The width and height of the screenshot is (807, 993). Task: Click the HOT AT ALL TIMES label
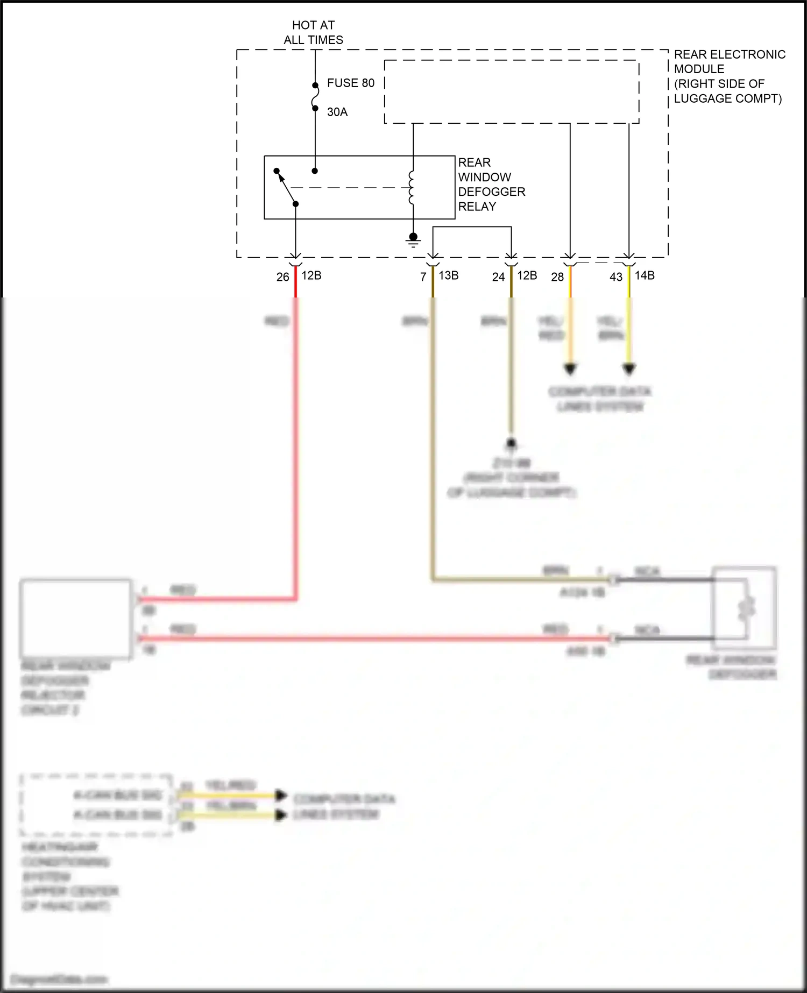pyautogui.click(x=313, y=32)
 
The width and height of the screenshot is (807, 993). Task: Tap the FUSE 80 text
pyautogui.click(x=350, y=83)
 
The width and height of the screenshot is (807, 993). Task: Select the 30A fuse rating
pyautogui.click(x=337, y=112)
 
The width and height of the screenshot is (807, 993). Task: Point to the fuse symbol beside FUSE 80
pyautogui.click(x=315, y=97)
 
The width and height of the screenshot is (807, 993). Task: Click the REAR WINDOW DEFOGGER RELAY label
pyautogui.click(x=491, y=185)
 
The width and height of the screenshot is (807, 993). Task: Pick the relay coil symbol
pyautogui.click(x=412, y=188)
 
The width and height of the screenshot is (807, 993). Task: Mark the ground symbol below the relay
pyautogui.click(x=413, y=240)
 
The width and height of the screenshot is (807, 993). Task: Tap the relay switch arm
pyautogui.click(x=286, y=187)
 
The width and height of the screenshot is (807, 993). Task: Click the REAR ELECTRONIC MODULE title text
pyautogui.click(x=729, y=76)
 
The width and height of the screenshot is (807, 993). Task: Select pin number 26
pyautogui.click(x=282, y=277)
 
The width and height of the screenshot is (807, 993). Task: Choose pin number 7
pyautogui.click(x=423, y=277)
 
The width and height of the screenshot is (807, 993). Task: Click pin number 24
pyautogui.click(x=498, y=277)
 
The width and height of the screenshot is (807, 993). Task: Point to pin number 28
pyautogui.click(x=557, y=277)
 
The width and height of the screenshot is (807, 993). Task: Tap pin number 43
pyautogui.click(x=616, y=277)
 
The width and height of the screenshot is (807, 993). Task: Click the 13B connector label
pyautogui.click(x=449, y=275)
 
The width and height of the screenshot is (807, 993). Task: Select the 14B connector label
pyautogui.click(x=645, y=275)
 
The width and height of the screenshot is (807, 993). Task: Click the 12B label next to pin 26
pyautogui.click(x=312, y=275)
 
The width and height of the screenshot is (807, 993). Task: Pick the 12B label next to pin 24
pyautogui.click(x=527, y=275)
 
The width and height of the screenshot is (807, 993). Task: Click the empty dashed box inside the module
pyautogui.click(x=512, y=92)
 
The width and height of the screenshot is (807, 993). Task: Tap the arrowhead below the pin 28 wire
pyautogui.click(x=570, y=370)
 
